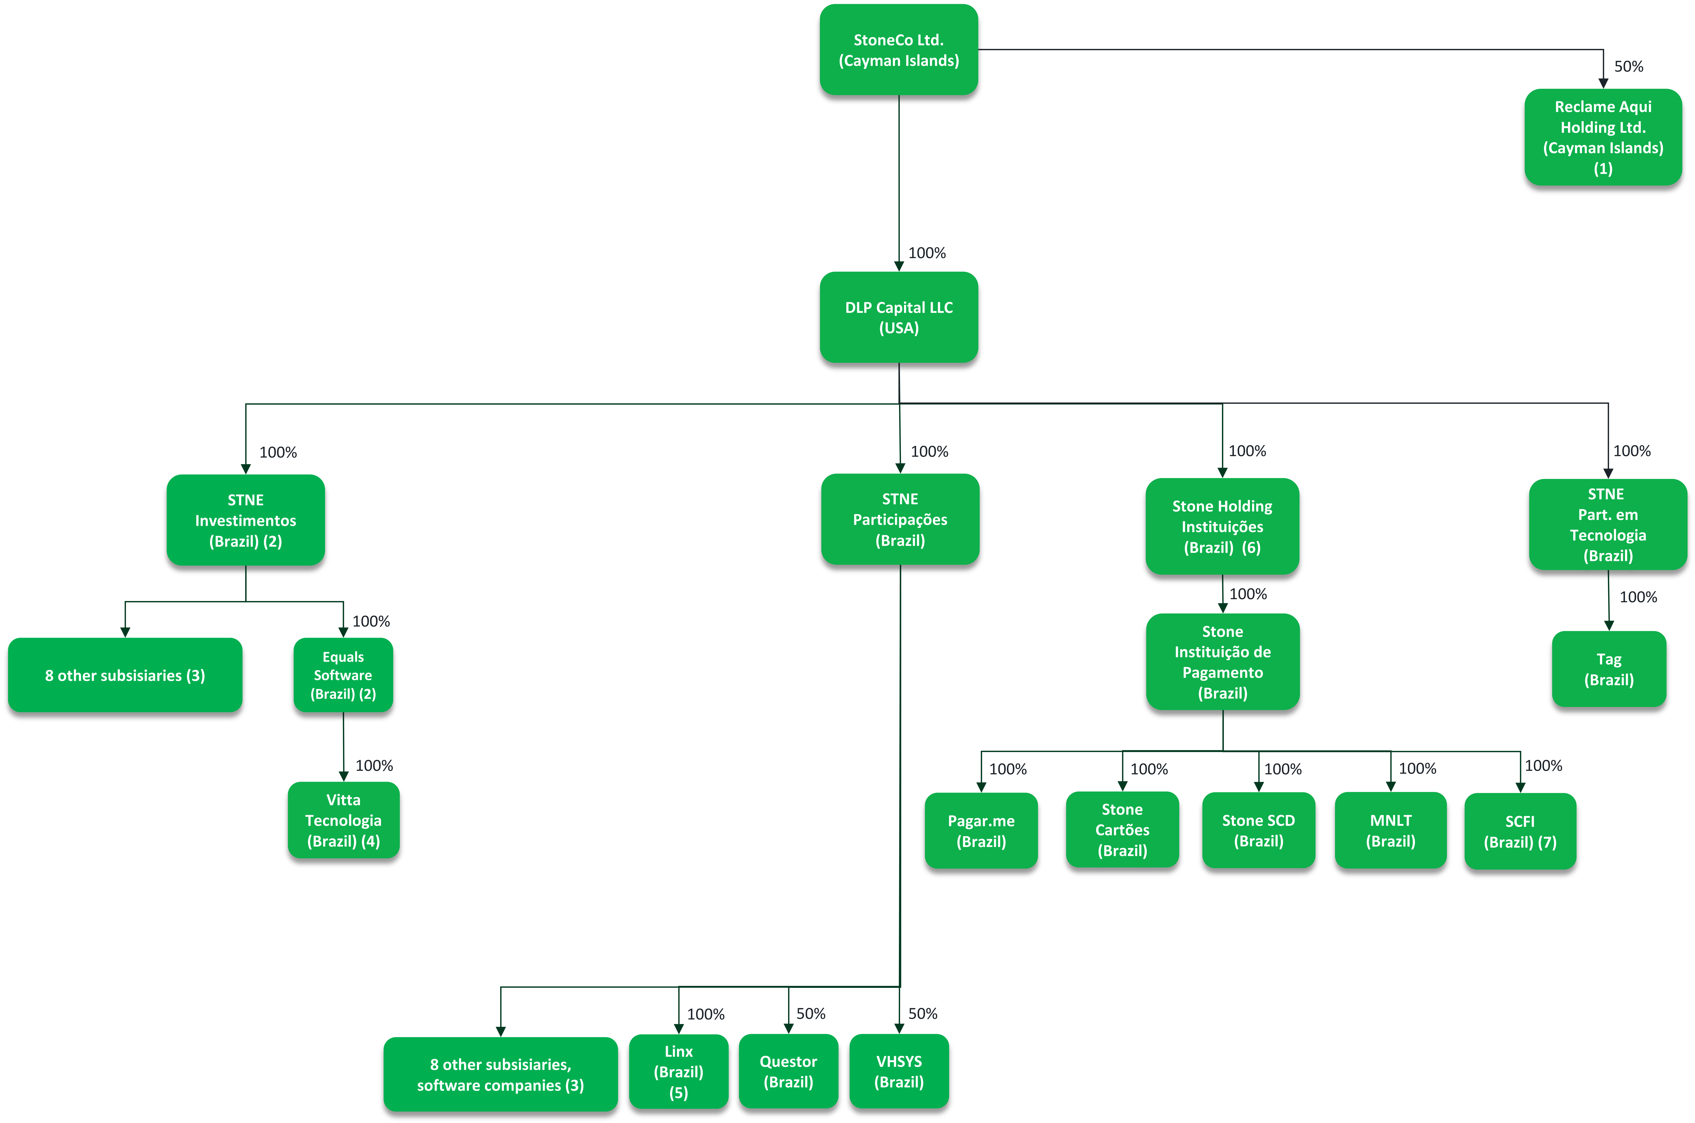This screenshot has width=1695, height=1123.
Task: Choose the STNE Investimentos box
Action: [246, 520]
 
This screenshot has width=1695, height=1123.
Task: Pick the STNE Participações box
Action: [900, 519]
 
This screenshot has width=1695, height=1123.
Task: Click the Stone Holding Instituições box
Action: [1222, 527]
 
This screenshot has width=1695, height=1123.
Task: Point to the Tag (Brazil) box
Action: [1609, 669]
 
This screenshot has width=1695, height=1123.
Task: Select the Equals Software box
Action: [343, 675]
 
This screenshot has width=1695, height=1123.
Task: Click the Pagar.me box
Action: [981, 831]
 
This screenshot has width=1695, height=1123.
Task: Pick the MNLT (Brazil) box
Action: [1391, 830]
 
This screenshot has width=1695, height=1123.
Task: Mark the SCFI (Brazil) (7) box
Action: [1520, 831]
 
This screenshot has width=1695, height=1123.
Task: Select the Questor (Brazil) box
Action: [788, 1071]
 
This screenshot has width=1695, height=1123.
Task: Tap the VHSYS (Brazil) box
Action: [899, 1071]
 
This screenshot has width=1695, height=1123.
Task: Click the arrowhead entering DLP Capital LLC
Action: [899, 266]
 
